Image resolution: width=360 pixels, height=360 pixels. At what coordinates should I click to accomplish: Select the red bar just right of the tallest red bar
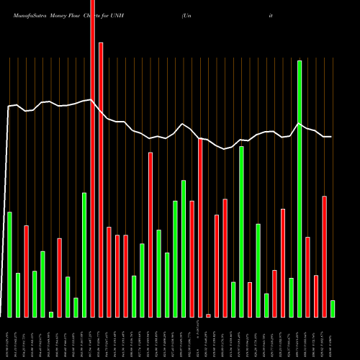pos(101,180)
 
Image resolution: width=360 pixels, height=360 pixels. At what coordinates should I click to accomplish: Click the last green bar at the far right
pos(333,309)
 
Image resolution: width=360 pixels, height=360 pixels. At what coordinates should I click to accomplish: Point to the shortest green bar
pos(51,315)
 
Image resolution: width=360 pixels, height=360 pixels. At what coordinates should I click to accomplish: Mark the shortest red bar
pos(208,315)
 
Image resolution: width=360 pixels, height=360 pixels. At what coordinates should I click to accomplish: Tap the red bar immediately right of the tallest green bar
pos(307,276)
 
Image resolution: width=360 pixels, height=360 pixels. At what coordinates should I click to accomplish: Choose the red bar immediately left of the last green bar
pos(324,256)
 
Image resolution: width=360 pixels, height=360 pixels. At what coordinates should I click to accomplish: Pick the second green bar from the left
pos(18,295)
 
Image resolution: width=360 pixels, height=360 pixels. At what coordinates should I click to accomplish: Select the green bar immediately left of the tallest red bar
pos(84,255)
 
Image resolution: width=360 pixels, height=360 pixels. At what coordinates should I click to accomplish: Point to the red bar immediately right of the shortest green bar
pos(59,278)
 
